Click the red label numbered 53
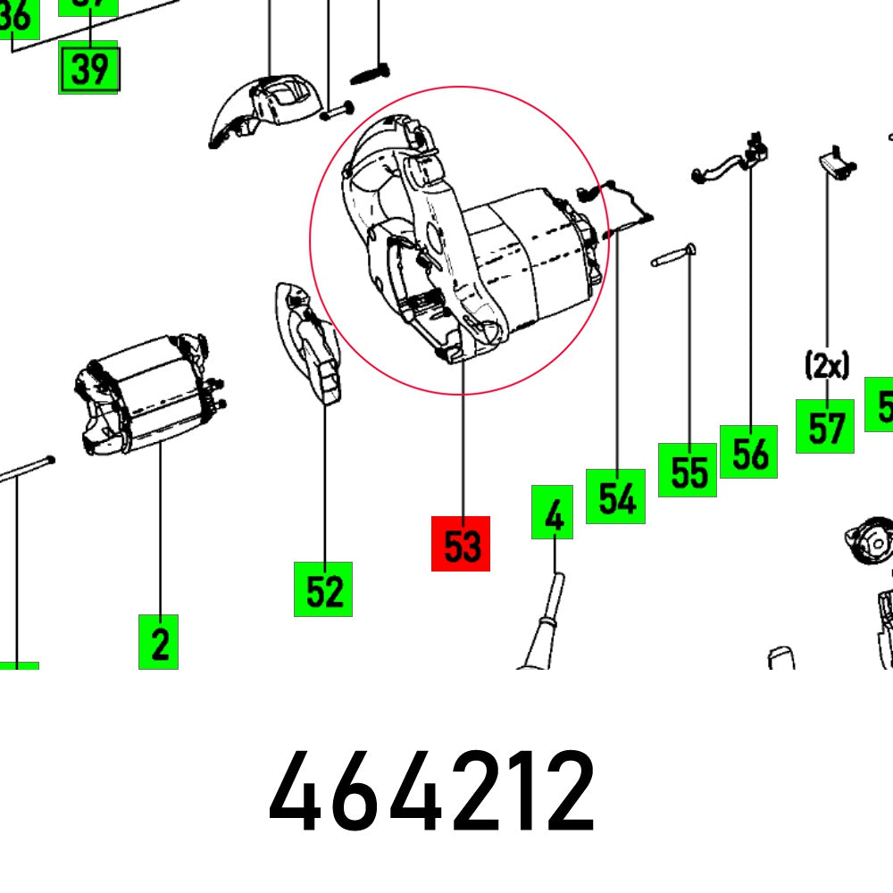(461, 543)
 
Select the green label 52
(323, 588)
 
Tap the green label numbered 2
(158, 642)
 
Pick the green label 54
(615, 497)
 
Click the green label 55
(688, 470)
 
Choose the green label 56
(749, 452)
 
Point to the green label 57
(825, 427)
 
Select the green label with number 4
(552, 513)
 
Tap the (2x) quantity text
(826, 364)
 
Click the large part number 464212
(432, 791)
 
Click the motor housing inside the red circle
(464, 241)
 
